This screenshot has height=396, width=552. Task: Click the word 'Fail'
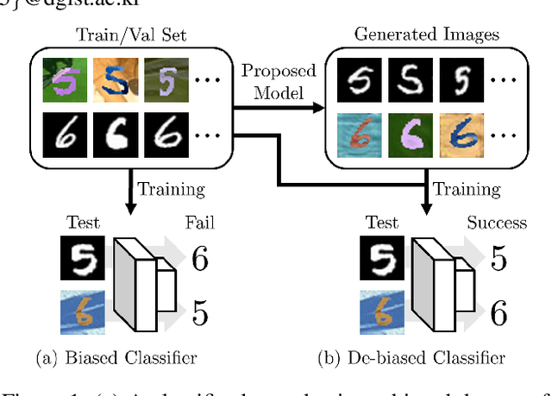tap(200, 223)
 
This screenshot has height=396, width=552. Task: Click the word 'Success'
tap(496, 223)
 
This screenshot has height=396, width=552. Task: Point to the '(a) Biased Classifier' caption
tap(116, 357)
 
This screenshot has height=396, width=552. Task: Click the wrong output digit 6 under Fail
tap(200, 258)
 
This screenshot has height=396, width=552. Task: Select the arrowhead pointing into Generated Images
tap(320, 108)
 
